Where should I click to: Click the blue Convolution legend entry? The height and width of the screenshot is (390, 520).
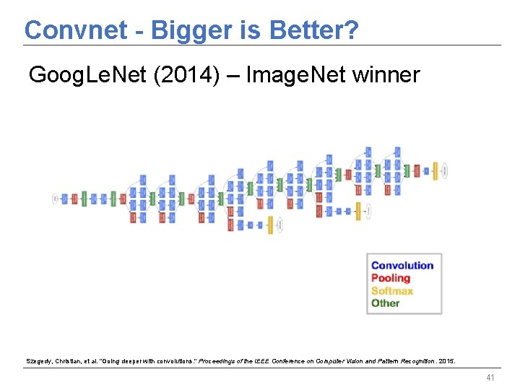[x=402, y=265]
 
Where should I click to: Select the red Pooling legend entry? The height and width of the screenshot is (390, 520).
[x=390, y=278]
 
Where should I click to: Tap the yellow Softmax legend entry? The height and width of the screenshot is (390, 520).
[x=391, y=290]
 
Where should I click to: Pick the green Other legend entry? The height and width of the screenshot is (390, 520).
[x=385, y=303]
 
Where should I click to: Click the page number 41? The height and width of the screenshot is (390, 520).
[x=491, y=378]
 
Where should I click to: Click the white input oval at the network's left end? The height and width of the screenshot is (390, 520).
[x=55, y=199]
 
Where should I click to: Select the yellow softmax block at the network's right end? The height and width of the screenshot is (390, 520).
[x=435, y=171]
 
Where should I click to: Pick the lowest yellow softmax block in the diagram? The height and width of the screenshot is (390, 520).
[x=270, y=225]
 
